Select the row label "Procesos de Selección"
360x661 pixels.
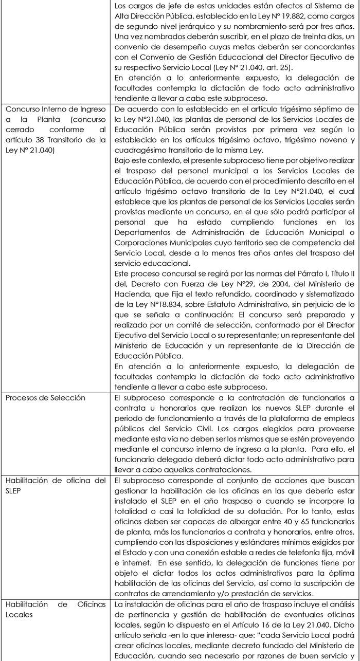click(45, 398)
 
